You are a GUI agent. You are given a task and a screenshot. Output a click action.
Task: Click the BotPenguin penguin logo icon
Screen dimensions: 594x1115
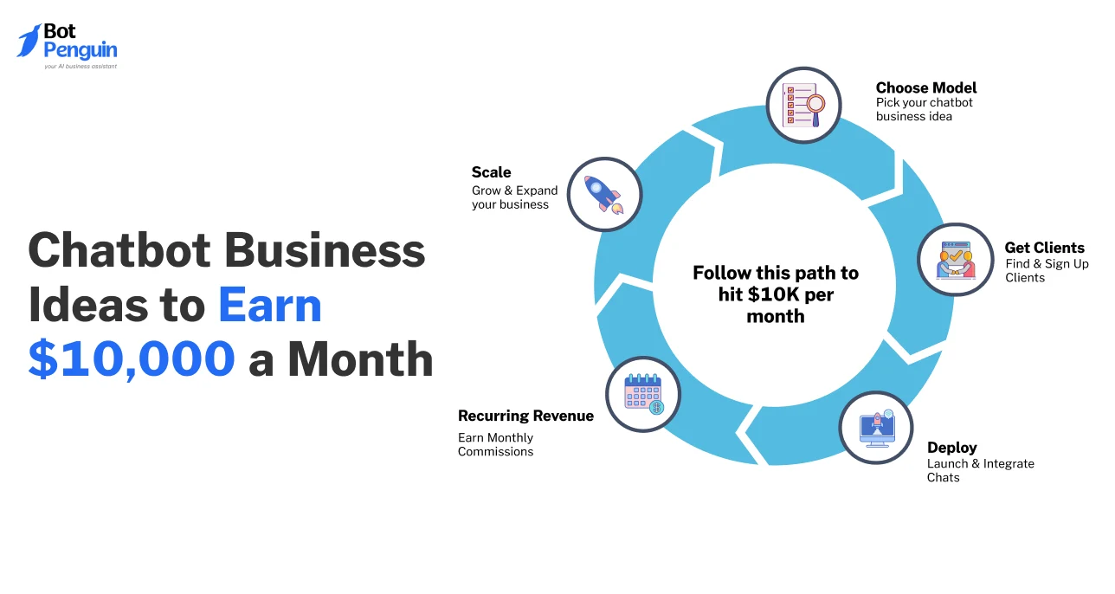[29, 41]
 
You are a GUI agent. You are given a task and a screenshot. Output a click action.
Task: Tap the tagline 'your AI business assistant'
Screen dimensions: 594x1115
[80, 66]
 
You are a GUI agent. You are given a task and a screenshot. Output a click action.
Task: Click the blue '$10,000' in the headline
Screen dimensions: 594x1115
[132, 359]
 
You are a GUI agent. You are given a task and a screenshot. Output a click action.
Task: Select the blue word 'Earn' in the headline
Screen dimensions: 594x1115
[269, 306]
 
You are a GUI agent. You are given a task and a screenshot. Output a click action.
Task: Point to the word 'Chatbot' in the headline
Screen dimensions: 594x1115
[119, 252]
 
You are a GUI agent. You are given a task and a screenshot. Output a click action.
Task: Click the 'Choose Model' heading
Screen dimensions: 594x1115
[925, 87]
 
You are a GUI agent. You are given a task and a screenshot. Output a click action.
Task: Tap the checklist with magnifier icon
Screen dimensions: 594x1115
[803, 106]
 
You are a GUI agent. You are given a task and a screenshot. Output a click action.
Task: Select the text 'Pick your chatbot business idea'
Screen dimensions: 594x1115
[924, 109]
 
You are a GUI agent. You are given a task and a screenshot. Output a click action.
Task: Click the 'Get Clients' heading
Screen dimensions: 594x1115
[1044, 248]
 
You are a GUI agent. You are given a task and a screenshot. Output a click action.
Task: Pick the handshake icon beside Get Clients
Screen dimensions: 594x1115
[956, 260]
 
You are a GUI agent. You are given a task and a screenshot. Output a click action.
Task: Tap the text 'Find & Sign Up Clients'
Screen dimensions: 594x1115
[1047, 270]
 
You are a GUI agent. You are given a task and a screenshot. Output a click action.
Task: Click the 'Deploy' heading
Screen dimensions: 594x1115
[951, 448]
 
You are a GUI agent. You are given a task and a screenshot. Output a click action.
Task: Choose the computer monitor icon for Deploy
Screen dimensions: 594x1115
[876, 428]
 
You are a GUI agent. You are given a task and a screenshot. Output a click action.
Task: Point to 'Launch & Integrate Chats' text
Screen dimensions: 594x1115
[980, 470]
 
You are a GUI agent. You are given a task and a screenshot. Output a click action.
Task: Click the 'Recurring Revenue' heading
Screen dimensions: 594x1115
[525, 416]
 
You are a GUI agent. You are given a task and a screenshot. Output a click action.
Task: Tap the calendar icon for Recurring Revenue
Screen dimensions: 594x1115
[642, 394]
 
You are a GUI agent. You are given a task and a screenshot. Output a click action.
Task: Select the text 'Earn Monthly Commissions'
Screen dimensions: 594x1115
[496, 444]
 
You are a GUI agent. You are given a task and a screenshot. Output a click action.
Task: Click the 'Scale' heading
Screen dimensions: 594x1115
[491, 171]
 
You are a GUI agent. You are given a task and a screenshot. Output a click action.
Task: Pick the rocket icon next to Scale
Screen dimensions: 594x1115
[604, 194]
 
